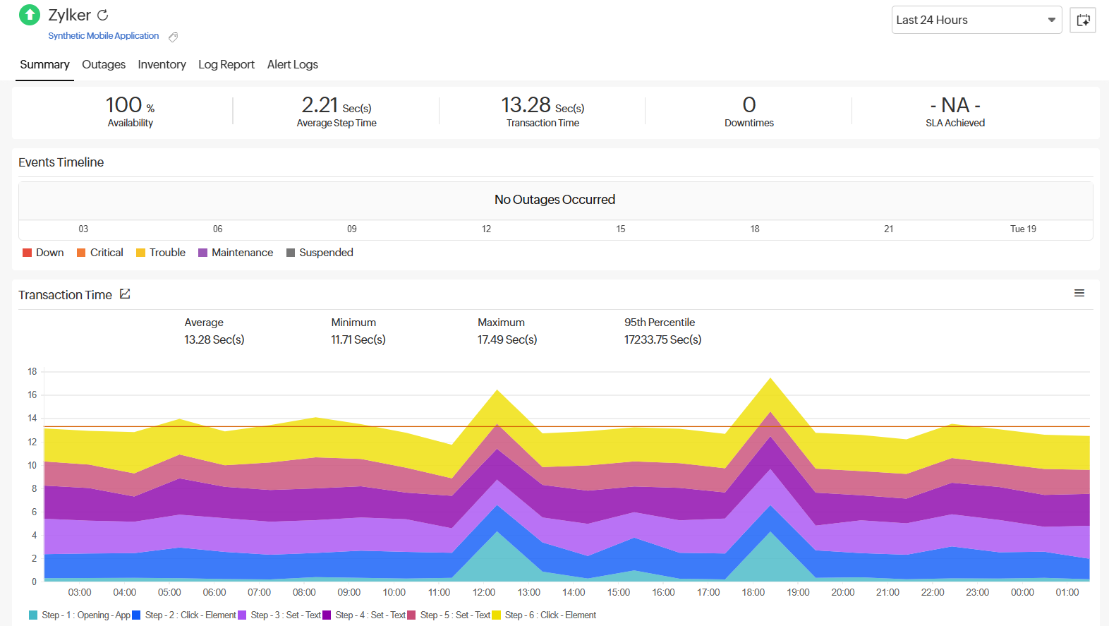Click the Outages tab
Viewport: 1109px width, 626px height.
coord(104,64)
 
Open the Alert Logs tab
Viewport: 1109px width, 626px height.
coord(292,64)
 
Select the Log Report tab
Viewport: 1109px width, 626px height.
coord(226,64)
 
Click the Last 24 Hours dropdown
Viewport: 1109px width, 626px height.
coord(976,20)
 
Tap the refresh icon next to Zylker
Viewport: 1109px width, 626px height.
coord(103,15)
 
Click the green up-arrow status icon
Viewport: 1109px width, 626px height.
coord(30,15)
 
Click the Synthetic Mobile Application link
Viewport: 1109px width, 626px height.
coord(103,36)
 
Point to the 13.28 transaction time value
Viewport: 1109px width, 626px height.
coord(526,105)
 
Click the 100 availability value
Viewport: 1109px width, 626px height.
coord(124,105)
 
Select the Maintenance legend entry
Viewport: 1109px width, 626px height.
coord(242,253)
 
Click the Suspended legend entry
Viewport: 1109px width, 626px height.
coord(325,253)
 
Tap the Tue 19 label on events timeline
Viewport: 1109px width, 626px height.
coord(1023,229)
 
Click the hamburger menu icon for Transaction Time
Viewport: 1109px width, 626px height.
coord(1079,293)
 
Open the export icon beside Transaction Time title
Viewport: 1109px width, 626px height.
coord(125,294)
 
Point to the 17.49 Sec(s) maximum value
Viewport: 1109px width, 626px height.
coord(507,339)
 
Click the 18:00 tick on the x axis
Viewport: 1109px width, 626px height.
coord(753,592)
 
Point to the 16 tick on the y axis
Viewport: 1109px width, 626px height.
coord(32,395)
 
